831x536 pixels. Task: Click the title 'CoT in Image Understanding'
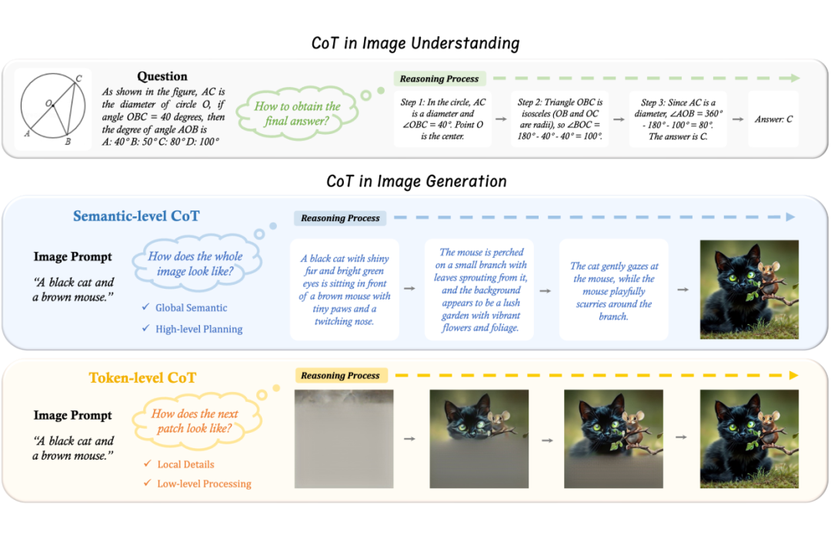415,43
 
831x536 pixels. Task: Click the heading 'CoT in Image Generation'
416,181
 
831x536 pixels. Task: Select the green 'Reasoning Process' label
439,79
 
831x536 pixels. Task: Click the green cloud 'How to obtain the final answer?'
297,113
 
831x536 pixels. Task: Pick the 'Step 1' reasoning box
442,119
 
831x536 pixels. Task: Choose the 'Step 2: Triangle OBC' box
560,119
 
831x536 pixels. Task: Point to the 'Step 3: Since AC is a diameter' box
678,119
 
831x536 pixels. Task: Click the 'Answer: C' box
773,119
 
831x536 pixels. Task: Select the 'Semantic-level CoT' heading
136,216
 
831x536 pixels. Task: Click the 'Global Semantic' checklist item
185,308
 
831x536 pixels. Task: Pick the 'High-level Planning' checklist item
192,329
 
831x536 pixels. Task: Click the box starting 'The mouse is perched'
479,290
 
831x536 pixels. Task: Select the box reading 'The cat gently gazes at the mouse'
614,290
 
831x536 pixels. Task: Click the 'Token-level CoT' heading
142,377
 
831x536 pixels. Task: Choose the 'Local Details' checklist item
179,464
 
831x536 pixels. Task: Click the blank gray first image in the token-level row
344,439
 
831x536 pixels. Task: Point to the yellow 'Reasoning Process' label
341,376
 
